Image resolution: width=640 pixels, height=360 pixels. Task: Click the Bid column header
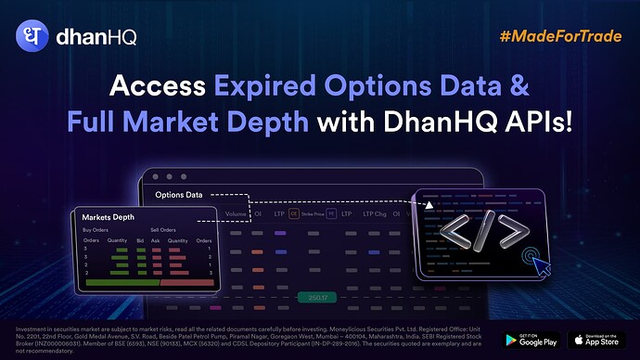139,240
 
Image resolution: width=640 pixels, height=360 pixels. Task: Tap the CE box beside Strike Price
294,212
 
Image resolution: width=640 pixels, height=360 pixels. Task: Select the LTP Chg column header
375,212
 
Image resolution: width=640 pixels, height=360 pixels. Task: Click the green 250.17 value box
319,298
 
